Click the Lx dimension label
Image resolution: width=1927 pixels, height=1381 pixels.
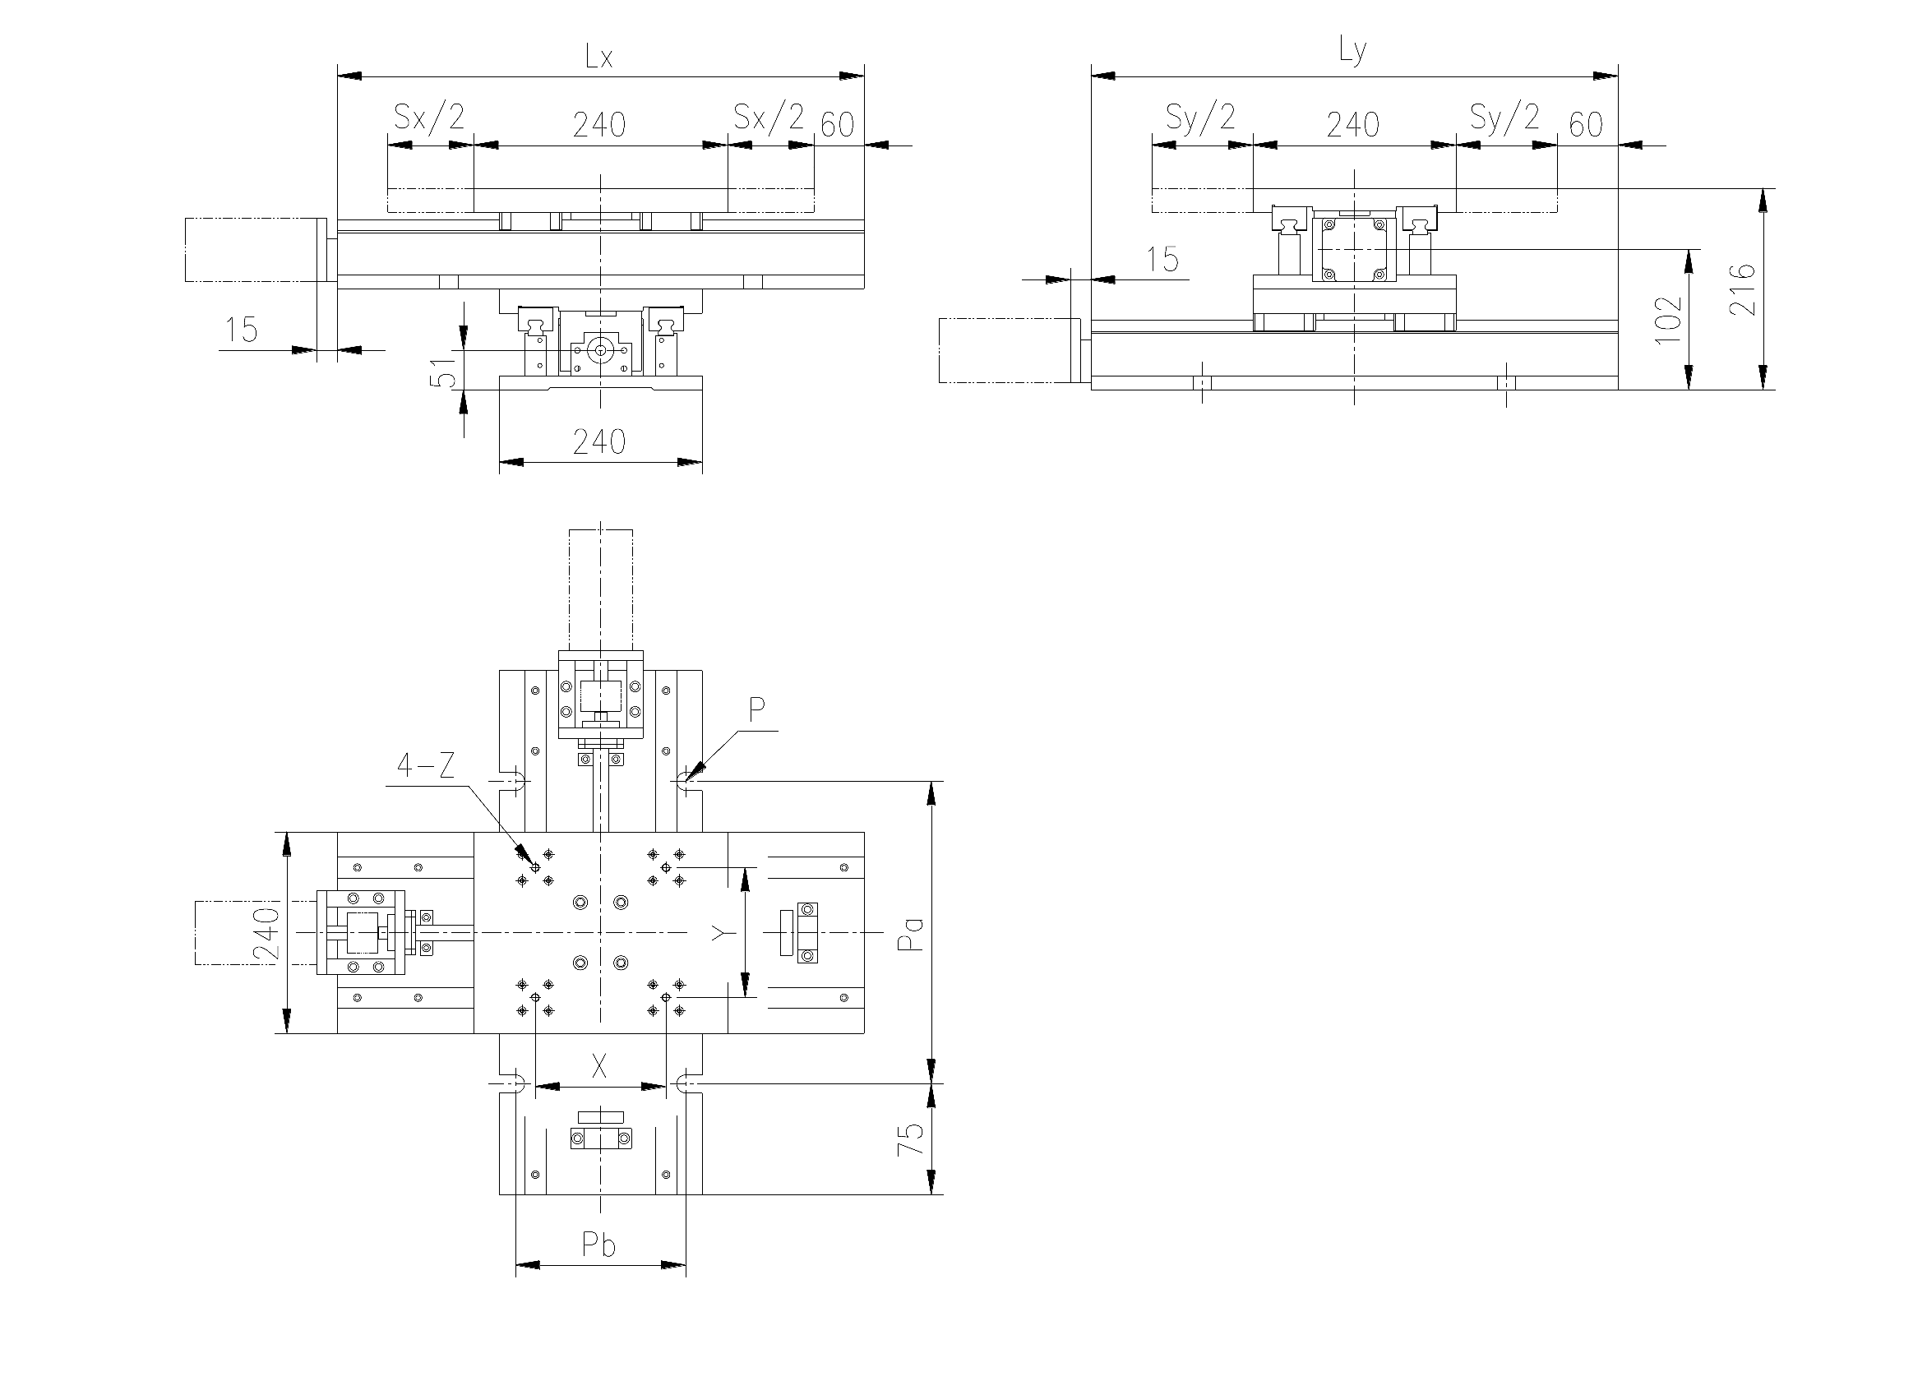coord(599,57)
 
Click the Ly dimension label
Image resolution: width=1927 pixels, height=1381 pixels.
coord(1352,52)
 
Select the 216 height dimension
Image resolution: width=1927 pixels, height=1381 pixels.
coord(1743,289)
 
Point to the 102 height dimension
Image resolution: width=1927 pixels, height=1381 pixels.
coord(1668,319)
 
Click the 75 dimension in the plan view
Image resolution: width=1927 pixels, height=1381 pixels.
coord(910,1139)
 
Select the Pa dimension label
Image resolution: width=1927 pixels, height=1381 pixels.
coord(910,932)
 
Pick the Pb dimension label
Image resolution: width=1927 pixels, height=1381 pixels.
coord(598,1245)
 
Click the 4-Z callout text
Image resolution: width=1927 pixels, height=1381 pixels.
coord(426,767)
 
